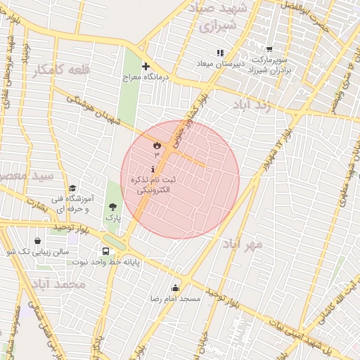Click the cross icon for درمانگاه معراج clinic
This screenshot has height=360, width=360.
pos(145,67)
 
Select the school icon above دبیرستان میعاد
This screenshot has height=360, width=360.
pos(220,53)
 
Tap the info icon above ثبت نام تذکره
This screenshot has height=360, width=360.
pos(153,169)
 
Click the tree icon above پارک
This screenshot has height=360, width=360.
pos(112,207)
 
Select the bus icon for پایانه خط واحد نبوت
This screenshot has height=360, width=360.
pos(105,251)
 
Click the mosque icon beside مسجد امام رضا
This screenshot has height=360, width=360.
pos(175,288)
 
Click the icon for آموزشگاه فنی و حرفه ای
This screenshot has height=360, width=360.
pos(73,188)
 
